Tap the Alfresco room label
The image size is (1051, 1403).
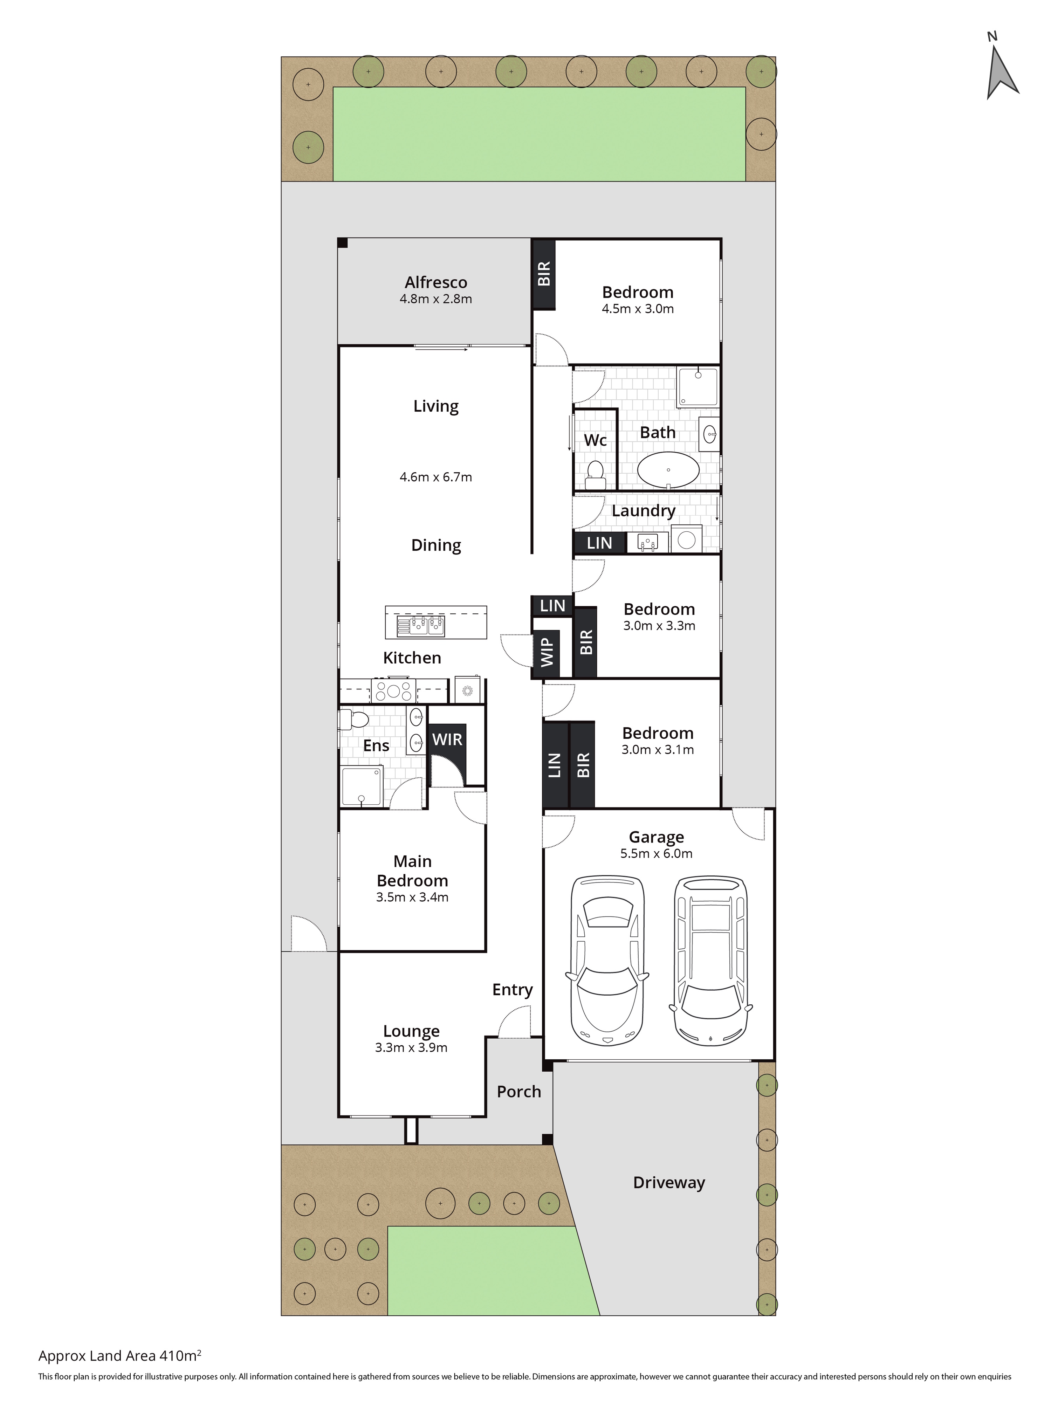(436, 282)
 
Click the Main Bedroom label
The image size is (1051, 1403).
(412, 871)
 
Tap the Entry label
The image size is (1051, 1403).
(513, 990)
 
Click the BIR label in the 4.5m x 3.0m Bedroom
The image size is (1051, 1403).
(544, 273)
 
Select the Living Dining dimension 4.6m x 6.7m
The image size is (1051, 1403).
(436, 477)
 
